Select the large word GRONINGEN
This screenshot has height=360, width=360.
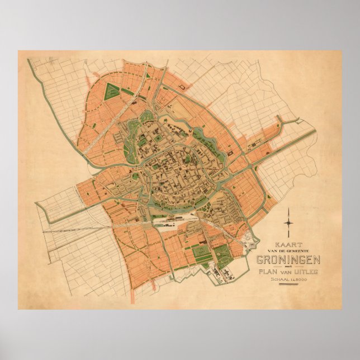coord(287,260)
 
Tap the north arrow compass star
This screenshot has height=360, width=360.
coord(288,222)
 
